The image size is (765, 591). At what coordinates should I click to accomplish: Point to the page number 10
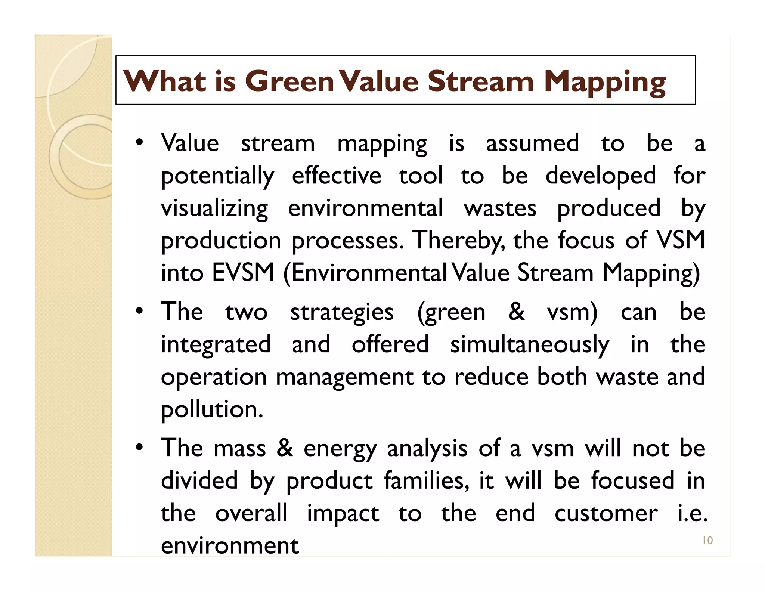coord(707,541)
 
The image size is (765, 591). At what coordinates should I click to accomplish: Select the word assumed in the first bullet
coord(532,143)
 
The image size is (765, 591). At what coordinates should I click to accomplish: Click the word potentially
coord(217,176)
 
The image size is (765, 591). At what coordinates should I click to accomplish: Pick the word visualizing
coord(214,208)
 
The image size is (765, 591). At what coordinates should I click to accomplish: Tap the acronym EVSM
coord(243,273)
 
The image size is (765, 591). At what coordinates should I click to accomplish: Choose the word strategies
coord(342,312)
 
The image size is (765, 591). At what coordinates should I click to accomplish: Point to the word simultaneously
coord(529,344)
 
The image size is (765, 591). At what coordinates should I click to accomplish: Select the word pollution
coord(212,409)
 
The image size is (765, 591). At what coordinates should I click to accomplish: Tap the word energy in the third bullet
coord(340,448)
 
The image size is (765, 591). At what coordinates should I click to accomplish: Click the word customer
coord(606,513)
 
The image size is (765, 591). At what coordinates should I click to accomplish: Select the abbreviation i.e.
coord(692,513)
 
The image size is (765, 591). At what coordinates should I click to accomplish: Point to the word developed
coord(600,176)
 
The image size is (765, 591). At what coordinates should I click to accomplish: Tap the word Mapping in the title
coord(604,82)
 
